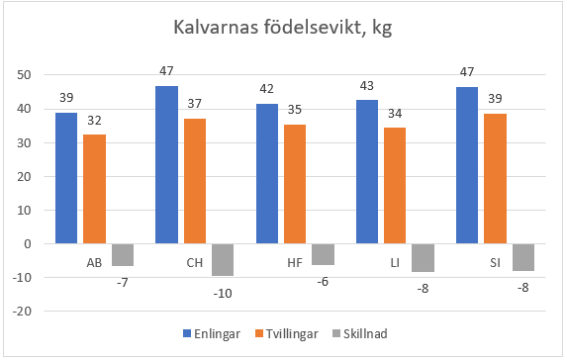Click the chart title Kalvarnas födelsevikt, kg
283,31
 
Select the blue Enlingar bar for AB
66,178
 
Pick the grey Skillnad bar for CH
223,259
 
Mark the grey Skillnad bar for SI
523,257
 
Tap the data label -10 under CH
223,294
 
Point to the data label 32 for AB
94,120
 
